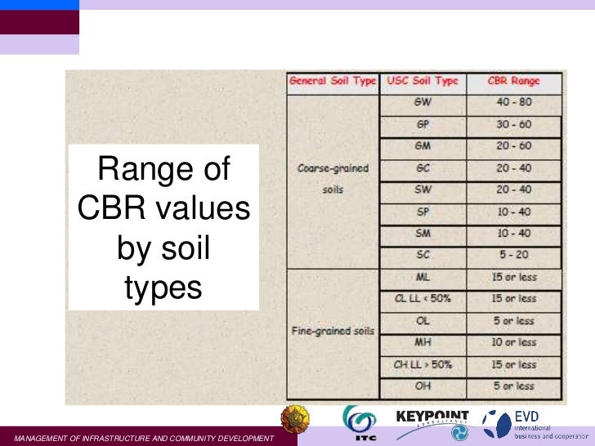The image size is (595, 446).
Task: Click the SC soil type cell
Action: (423, 256)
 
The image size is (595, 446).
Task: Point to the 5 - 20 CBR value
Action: (514, 256)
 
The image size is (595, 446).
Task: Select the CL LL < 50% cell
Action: (423, 299)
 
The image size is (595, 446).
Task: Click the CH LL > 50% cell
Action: (423, 364)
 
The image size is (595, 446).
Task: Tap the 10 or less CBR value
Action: (514, 342)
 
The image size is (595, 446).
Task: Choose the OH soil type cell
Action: (423, 386)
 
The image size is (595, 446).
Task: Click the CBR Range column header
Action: (514, 82)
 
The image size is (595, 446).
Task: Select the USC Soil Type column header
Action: (423, 82)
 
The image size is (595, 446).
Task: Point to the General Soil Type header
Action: (333, 82)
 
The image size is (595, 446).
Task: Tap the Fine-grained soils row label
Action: (332, 332)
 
